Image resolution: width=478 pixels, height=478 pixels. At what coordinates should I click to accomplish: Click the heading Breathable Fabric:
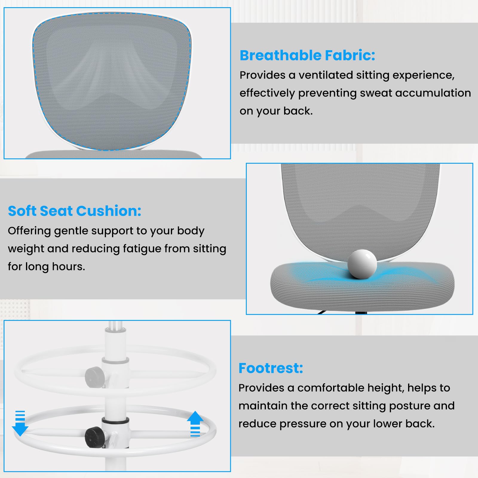coord(307,56)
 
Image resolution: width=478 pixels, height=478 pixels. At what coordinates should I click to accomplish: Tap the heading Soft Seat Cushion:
coord(75,211)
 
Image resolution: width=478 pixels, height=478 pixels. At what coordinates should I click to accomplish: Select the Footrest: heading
coord(271,368)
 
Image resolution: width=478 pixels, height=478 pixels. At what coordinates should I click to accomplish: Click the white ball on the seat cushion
coord(362,264)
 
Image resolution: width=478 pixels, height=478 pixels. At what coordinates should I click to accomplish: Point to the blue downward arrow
coord(20,423)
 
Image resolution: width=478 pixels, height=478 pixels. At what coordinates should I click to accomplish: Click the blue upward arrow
coord(195,424)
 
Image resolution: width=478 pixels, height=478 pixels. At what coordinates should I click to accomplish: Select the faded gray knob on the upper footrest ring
coord(94,377)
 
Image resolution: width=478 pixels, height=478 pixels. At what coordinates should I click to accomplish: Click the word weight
coord(26,249)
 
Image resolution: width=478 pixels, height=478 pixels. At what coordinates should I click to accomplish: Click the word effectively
coord(267,93)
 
